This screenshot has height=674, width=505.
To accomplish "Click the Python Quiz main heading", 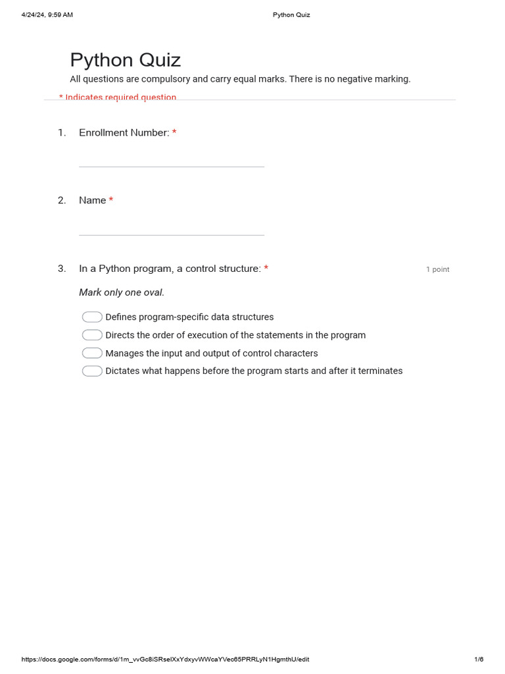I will pyautogui.click(x=125, y=61).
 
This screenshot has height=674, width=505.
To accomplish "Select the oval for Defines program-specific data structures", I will pyautogui.click(x=92, y=317).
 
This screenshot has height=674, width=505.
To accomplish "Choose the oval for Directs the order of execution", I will pyautogui.click(x=92, y=335).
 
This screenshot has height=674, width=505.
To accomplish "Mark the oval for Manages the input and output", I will pyautogui.click(x=92, y=353).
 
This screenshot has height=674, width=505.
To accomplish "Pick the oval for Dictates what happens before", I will pyautogui.click(x=92, y=371).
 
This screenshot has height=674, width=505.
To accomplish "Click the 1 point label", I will pyautogui.click(x=437, y=269).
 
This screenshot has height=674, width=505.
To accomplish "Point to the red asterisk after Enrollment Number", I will pyautogui.click(x=174, y=133).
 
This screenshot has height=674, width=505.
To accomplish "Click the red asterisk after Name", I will pyautogui.click(x=111, y=200).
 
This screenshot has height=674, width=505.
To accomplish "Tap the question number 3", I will pyautogui.click(x=62, y=269).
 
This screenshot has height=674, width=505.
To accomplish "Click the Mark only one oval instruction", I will pyautogui.click(x=122, y=292).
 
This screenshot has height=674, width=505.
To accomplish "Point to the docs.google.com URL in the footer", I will pyautogui.click(x=165, y=660).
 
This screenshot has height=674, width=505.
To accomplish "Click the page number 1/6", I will pyautogui.click(x=479, y=660).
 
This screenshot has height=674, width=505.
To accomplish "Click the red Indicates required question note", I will pyautogui.click(x=118, y=97).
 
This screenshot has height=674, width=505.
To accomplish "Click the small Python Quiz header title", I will pyautogui.click(x=291, y=15).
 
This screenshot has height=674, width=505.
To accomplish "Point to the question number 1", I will pyautogui.click(x=62, y=133).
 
